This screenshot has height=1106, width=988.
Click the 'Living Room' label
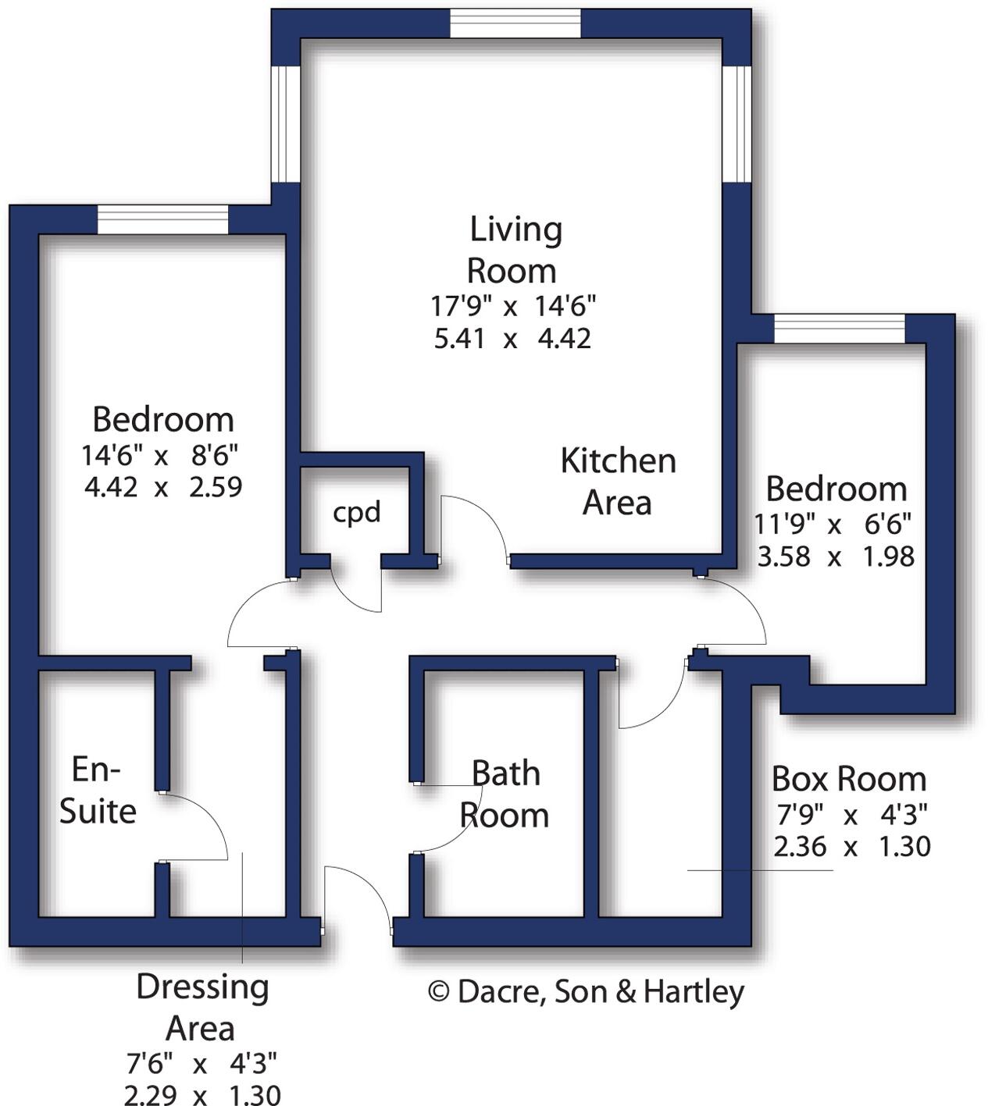click(514, 250)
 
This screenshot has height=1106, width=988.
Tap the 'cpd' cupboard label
click(357, 512)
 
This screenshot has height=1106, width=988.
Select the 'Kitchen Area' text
click(618, 482)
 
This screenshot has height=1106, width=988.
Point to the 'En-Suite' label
click(98, 790)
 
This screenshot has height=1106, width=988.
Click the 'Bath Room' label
click(505, 795)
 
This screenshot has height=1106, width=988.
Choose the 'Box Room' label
click(849, 779)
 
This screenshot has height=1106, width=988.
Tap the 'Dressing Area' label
click(202, 1008)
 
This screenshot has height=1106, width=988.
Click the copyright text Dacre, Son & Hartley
click(586, 992)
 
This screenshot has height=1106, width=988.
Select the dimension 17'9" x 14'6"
click(513, 306)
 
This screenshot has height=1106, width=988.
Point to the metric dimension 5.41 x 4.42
click(512, 339)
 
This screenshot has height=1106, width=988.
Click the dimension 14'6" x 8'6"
click(160, 453)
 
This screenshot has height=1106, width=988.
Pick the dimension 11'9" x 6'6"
click(833, 524)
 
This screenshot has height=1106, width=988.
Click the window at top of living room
click(515, 23)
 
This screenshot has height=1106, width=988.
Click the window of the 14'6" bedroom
click(162, 219)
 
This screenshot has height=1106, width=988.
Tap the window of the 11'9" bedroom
click(840, 329)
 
